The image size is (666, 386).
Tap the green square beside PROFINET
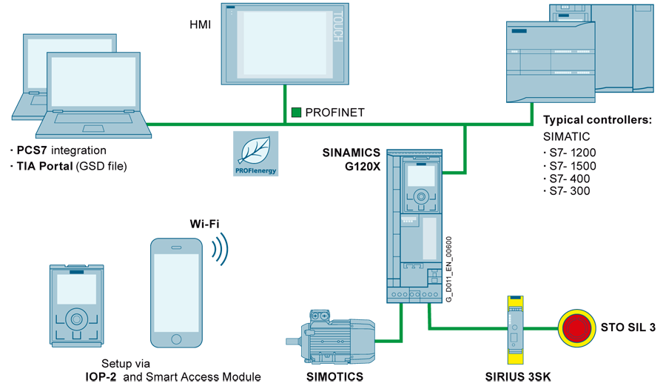(x=296, y=113)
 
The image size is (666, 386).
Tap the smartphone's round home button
(x=176, y=339)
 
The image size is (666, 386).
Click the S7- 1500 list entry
(x=573, y=166)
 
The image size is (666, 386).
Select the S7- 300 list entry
(x=569, y=191)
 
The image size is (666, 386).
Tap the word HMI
(x=201, y=25)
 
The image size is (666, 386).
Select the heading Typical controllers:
(x=597, y=120)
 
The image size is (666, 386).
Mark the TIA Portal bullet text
(x=72, y=166)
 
